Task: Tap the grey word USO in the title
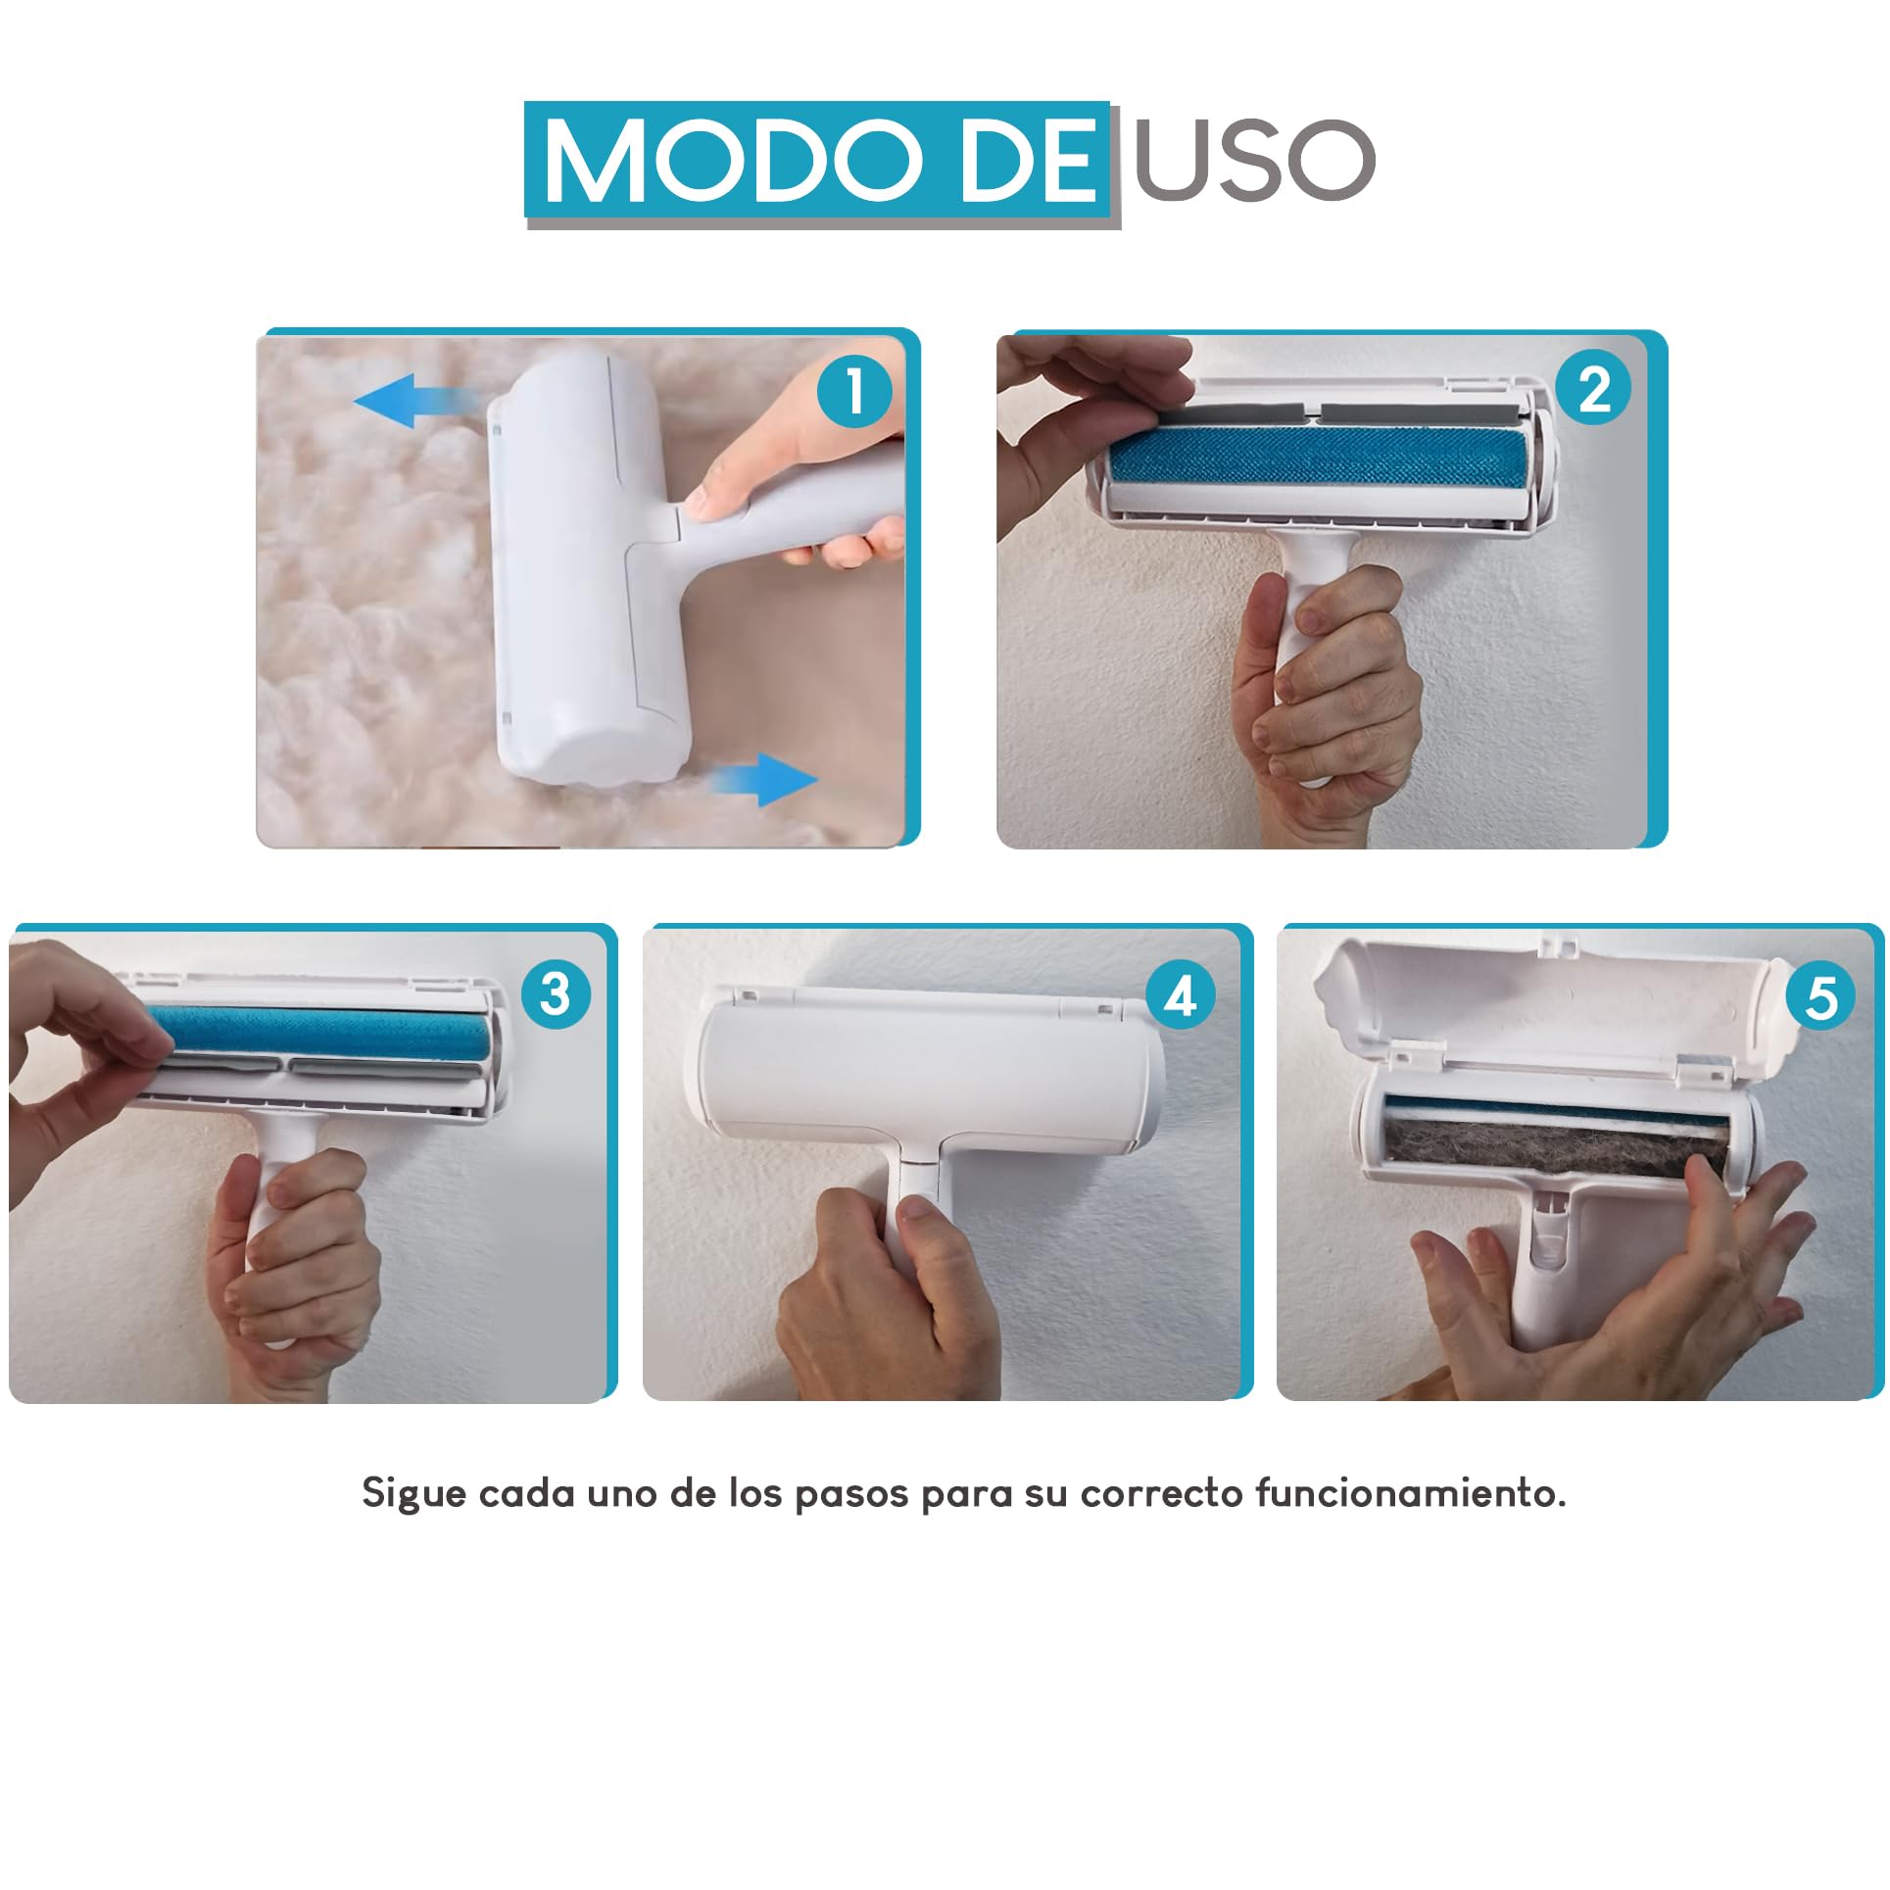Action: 1254,160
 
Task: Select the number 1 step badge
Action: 855,392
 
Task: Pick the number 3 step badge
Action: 556,993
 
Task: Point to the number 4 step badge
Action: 1181,995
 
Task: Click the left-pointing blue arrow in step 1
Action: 416,402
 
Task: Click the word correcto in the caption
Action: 1161,1494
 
